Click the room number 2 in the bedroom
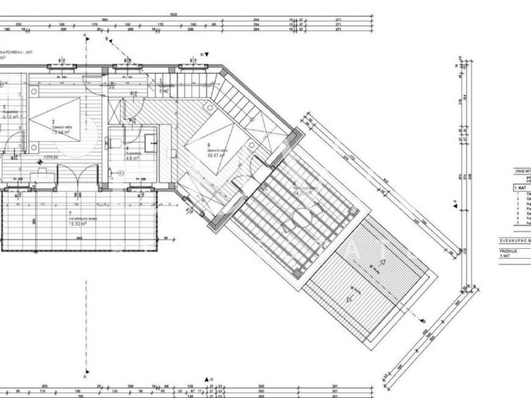click(x=53, y=122)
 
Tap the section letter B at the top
click(x=106, y=39)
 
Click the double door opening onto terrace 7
click(x=77, y=176)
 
